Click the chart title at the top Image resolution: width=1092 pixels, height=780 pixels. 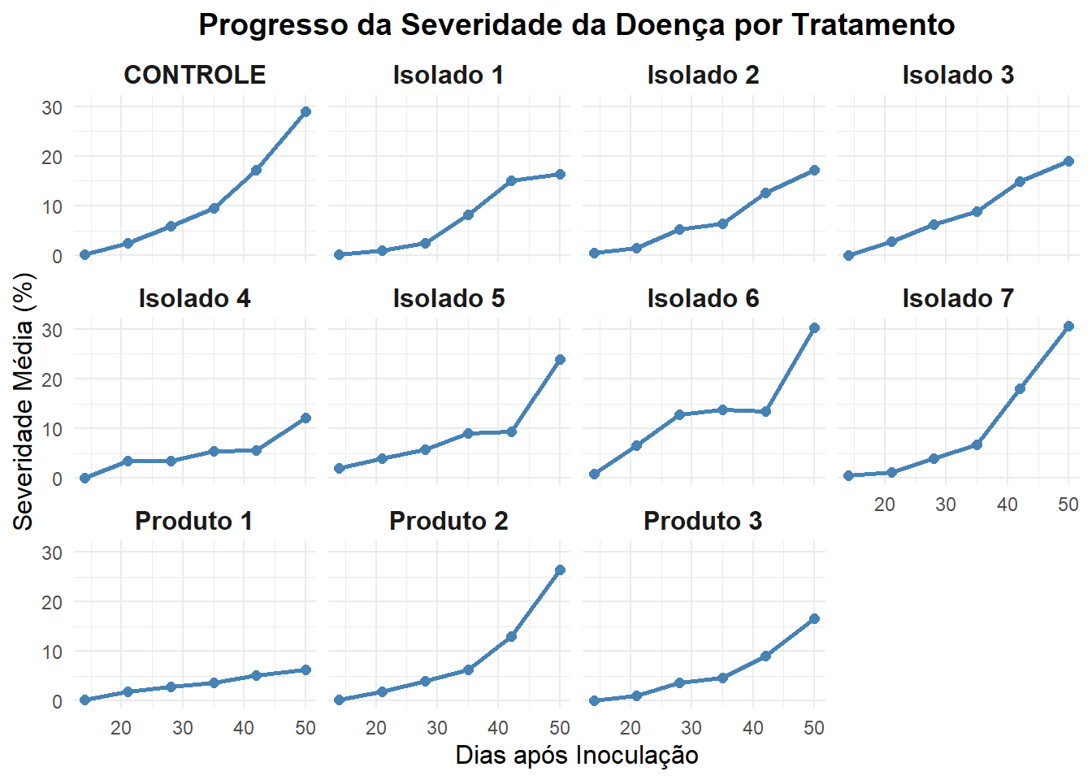(x=576, y=25)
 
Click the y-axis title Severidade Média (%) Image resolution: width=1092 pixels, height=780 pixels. (x=24, y=402)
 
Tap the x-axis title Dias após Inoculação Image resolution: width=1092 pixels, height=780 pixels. (x=576, y=755)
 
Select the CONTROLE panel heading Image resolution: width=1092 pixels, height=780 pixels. (x=194, y=75)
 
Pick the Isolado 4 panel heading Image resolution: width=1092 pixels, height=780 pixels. (x=194, y=298)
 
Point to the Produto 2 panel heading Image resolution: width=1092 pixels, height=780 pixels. (x=448, y=521)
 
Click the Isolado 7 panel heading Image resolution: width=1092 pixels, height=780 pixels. (x=958, y=298)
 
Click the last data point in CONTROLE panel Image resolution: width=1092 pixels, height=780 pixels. (x=305, y=111)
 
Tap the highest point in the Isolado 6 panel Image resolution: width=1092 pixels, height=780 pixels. (x=814, y=328)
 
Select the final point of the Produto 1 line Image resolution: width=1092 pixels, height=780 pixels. (x=305, y=670)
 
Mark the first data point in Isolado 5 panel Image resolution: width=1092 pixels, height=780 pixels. (x=339, y=469)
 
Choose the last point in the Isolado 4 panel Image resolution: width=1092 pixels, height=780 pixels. (x=305, y=418)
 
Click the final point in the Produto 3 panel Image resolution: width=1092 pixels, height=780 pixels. (x=814, y=619)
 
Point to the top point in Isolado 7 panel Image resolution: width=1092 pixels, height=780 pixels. (x=1068, y=327)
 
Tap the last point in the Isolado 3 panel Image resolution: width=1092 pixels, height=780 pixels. (x=1068, y=162)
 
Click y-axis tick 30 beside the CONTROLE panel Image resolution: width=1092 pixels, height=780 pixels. (x=52, y=107)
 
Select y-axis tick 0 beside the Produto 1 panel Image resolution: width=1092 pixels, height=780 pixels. (x=57, y=701)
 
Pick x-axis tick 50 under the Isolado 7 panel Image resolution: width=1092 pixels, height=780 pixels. (x=1068, y=505)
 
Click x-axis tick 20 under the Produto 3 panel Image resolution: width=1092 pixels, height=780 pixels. (x=630, y=727)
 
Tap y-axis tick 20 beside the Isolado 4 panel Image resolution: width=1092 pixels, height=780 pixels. (x=52, y=379)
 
